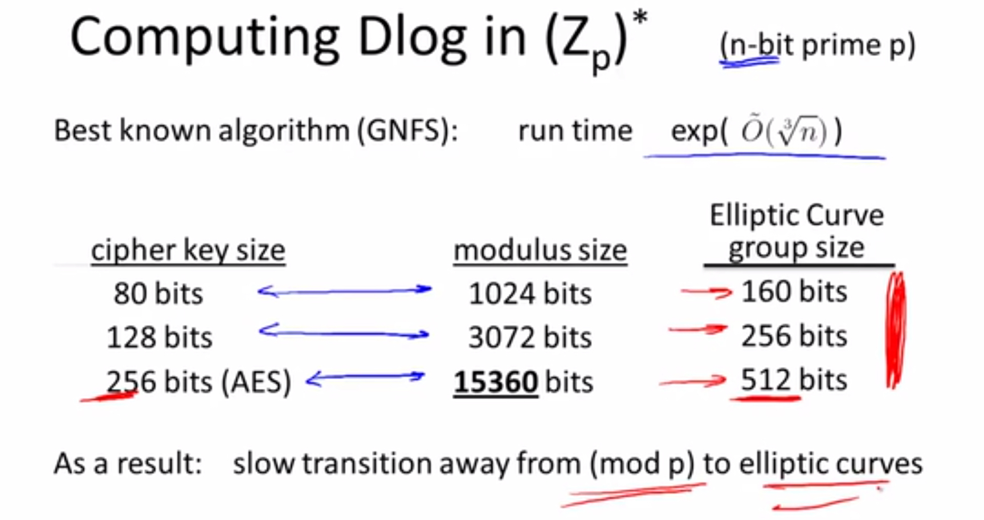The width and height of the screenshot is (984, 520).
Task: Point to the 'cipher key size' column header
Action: (188, 250)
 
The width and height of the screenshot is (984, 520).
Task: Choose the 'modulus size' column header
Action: (540, 250)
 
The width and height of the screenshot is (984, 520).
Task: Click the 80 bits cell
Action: (158, 294)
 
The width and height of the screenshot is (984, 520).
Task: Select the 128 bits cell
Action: (160, 337)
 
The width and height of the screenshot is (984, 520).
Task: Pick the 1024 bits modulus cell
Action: (530, 294)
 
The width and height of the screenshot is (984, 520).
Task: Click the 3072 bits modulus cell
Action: (530, 337)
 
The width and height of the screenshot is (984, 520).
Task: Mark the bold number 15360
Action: (496, 382)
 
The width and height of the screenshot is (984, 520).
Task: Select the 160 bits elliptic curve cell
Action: (794, 291)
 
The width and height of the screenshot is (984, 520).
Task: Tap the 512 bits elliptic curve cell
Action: (794, 380)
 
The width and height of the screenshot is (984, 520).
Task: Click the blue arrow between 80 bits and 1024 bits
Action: (345, 291)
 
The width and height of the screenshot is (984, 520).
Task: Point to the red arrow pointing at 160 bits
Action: (707, 292)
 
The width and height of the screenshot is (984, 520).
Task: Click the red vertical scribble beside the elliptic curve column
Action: (896, 331)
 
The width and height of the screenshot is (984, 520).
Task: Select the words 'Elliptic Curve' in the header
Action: (797, 216)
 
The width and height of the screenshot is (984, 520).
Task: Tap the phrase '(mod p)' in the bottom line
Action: (642, 463)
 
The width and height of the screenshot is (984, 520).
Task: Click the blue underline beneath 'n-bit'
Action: (749, 62)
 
